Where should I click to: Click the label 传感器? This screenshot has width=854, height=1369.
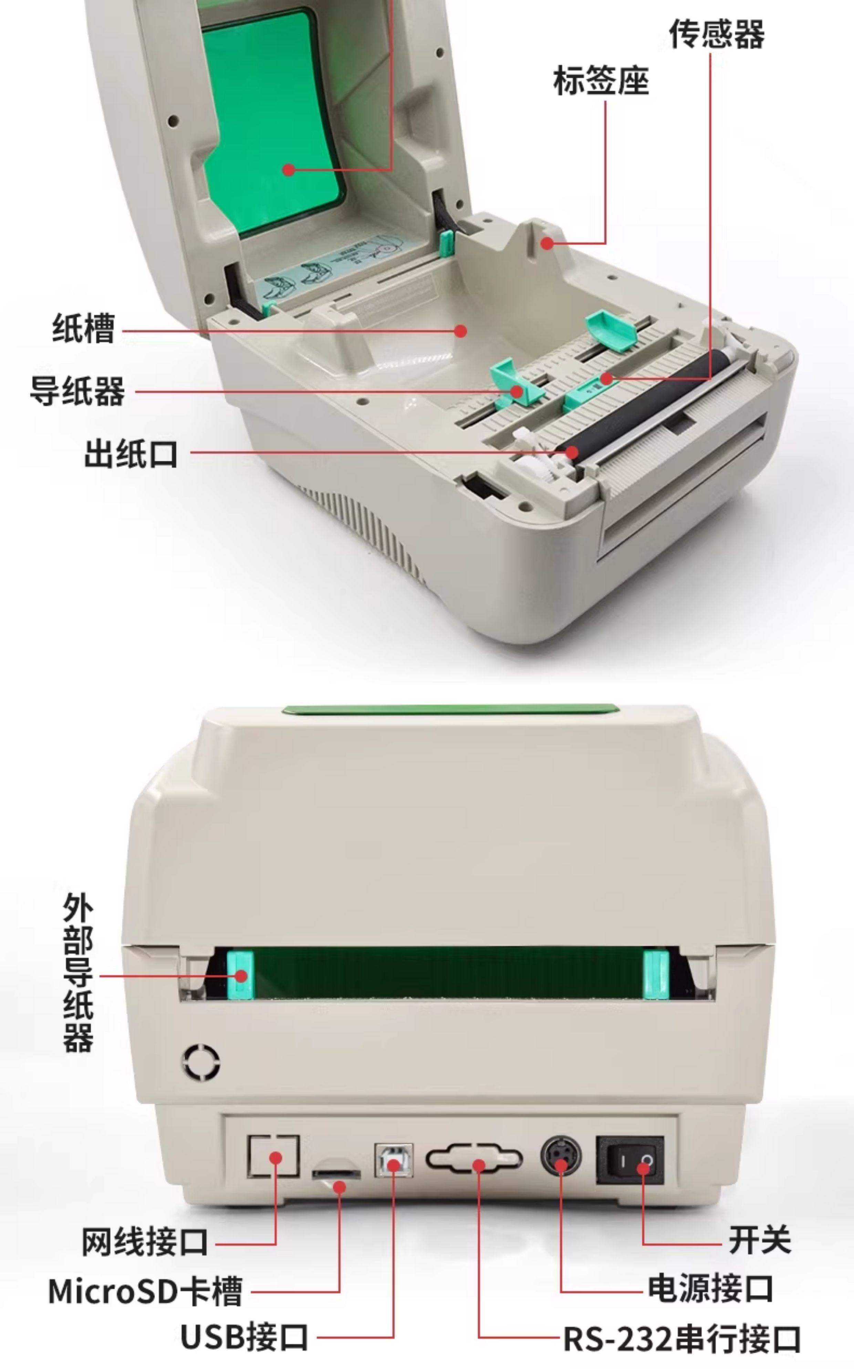717,34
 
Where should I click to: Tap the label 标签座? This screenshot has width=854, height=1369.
601,80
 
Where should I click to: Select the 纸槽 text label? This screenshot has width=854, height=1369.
84,328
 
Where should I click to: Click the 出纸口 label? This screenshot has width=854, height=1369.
131,453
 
